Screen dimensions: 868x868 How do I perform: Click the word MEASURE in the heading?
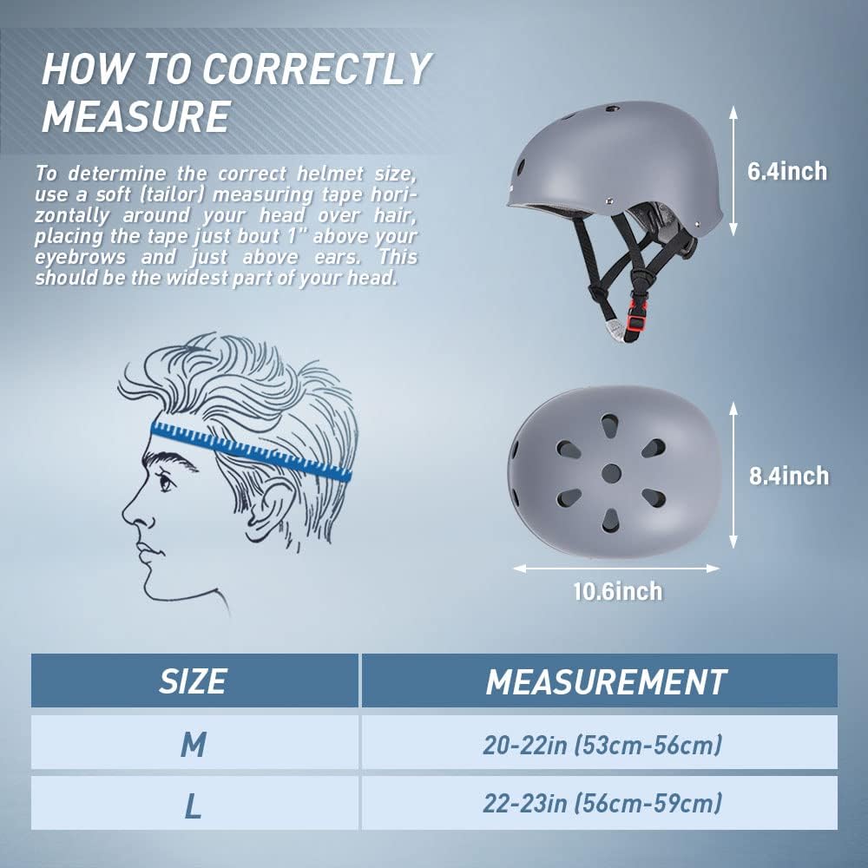point(136,117)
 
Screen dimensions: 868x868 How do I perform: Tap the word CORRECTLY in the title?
point(316,69)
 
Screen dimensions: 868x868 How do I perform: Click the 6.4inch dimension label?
point(787,172)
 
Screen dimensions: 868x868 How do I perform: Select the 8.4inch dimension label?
point(789,476)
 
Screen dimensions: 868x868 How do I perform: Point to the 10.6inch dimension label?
point(617,591)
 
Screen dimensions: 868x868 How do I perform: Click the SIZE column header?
point(194,681)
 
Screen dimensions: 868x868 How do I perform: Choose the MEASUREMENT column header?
point(600,681)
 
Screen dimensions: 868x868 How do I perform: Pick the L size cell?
point(194,803)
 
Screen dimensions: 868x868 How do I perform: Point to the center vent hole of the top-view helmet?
point(611,474)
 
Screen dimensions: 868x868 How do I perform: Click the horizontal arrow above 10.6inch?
point(616,569)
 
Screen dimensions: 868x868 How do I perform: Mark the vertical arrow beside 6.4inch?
point(733,171)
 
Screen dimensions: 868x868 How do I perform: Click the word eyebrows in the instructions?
point(81,258)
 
